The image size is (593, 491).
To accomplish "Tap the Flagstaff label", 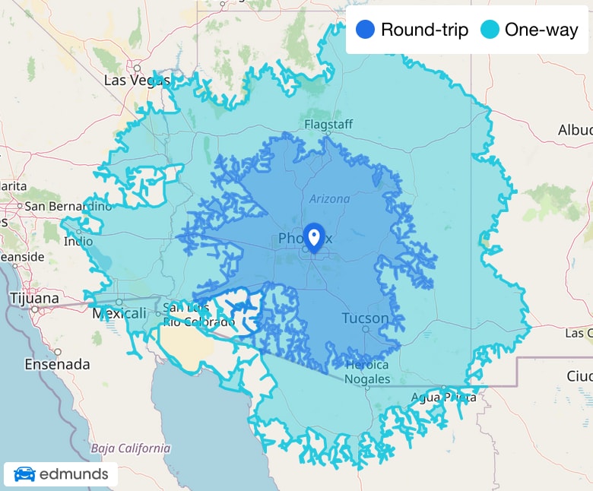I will click(x=328, y=124).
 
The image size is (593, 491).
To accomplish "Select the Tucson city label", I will click(x=365, y=318).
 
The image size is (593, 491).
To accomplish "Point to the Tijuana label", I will click(x=34, y=299).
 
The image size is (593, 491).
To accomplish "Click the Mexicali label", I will click(x=119, y=313).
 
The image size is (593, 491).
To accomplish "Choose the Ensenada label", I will click(x=57, y=364).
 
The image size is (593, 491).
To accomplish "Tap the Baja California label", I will click(x=131, y=448).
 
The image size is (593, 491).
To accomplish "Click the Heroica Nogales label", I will click(x=367, y=372).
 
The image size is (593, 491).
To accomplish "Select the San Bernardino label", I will click(x=68, y=206).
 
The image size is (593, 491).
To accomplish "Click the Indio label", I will click(x=78, y=242).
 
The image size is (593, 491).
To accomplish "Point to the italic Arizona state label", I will click(x=329, y=199).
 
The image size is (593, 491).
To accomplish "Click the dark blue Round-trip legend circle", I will click(x=366, y=30).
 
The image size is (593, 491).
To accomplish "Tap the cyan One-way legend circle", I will click(x=490, y=30).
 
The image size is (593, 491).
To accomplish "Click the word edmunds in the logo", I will click(x=74, y=475).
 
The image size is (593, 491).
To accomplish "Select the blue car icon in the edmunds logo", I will click(x=24, y=475).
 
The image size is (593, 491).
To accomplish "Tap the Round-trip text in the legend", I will click(x=424, y=30).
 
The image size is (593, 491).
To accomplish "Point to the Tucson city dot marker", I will click(x=366, y=330).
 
